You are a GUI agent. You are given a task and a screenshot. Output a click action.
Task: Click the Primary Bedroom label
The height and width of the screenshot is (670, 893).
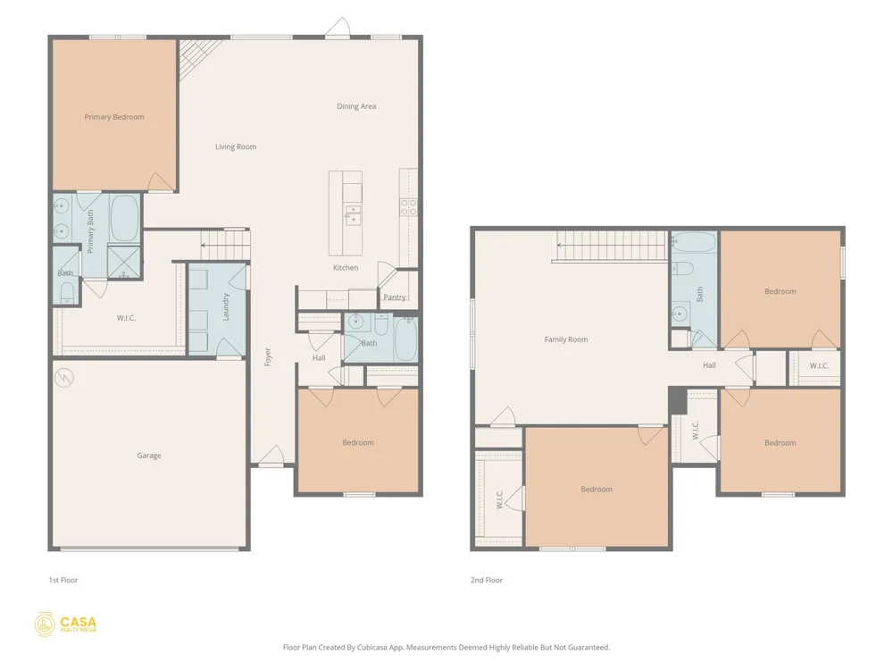pyautogui.click(x=114, y=117)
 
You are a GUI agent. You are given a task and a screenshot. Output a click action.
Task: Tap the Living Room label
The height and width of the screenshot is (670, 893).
pyautogui.click(x=236, y=147)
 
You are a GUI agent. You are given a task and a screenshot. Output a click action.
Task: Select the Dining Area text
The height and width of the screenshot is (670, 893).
pyautogui.click(x=356, y=106)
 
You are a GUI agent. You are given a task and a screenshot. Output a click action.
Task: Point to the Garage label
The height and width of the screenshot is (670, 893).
pyautogui.click(x=149, y=456)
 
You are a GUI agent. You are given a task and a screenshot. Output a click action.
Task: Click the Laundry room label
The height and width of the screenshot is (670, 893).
pyautogui.click(x=226, y=307)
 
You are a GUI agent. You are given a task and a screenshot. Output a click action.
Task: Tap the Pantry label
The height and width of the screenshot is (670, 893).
pyautogui.click(x=395, y=297)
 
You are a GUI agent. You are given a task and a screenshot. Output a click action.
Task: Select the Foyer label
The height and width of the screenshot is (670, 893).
pyautogui.click(x=268, y=357)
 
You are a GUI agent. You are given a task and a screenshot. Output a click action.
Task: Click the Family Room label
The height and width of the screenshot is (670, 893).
pyautogui.click(x=566, y=339)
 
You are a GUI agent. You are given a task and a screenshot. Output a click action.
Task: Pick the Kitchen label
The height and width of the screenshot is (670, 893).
pyautogui.click(x=346, y=267)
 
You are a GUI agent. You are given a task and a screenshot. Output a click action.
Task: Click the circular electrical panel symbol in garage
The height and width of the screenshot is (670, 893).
pyautogui.click(x=64, y=378)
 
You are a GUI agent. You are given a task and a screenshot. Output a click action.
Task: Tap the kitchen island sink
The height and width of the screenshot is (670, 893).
pyautogui.click(x=353, y=214)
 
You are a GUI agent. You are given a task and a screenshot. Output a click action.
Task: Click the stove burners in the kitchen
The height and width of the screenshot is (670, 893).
pyautogui.click(x=408, y=207)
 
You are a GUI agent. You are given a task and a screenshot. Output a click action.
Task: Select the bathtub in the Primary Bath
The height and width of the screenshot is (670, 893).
pyautogui.click(x=125, y=218)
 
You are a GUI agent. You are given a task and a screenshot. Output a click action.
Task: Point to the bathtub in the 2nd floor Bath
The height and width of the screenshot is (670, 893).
pyautogui.click(x=694, y=242)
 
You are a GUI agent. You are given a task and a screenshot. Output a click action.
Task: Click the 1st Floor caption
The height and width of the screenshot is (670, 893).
pyautogui.click(x=63, y=580)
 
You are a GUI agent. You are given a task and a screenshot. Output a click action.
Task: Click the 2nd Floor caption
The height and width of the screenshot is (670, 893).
pyautogui.click(x=487, y=580)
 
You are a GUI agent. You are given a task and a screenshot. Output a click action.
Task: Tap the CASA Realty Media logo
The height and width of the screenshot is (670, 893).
pyautogui.click(x=65, y=624)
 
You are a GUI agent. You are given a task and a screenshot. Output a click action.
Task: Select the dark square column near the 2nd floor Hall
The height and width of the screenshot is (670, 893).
pyautogui.click(x=677, y=400)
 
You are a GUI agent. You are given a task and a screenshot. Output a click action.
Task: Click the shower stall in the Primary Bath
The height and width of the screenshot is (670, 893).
pyautogui.click(x=123, y=261)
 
